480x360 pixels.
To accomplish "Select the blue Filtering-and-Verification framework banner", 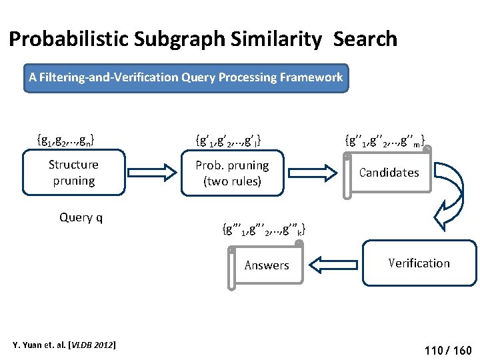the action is pos(186,77).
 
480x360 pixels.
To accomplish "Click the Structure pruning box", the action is pos(73,173).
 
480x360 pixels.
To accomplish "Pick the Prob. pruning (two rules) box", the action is pos(232,173).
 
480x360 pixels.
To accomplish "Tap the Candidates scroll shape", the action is pos(389,173).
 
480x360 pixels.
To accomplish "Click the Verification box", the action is pos(419,263).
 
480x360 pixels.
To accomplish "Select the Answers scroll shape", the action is pos(266,265).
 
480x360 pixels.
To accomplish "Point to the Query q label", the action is pos(81,217).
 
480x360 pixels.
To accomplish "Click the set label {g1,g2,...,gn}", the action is pos(65,140).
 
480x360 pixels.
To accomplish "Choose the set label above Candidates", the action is pos(385,141).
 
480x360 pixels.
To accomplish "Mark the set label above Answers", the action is pos(263,231).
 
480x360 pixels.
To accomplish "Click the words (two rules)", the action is pos(232,181).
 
